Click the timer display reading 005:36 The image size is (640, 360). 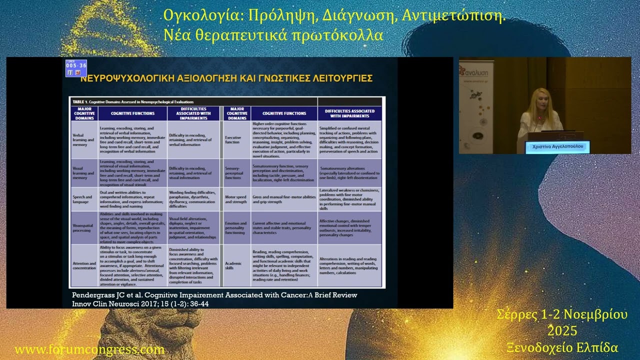point(76,65)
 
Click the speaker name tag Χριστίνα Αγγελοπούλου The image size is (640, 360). point(557,147)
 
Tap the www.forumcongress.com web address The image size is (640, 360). point(89,349)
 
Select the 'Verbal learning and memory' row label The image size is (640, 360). point(83,140)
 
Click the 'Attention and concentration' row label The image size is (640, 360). point(84,265)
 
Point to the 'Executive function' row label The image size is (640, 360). point(232,139)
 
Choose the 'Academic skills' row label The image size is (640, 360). point(233,265)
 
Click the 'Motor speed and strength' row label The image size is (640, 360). point(235,199)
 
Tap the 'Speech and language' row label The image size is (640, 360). point(82,199)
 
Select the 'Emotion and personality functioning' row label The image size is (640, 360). point(235,227)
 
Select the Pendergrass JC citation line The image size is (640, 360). point(214,295)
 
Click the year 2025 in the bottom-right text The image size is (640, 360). point(562,331)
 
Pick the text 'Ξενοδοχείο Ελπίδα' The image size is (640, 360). point(562,347)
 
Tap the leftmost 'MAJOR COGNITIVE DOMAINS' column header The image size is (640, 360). point(84,113)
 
